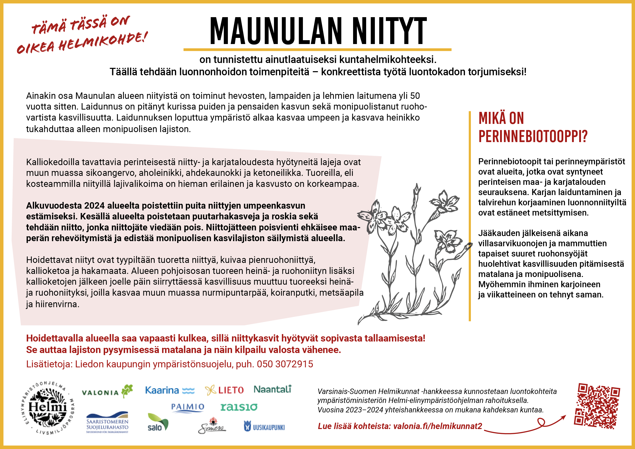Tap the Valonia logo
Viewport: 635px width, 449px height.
point(107,391)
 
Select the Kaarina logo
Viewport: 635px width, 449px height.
point(170,390)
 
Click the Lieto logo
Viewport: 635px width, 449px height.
point(224,390)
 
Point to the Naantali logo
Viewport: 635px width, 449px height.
point(272,389)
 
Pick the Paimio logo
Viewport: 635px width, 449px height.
point(187,407)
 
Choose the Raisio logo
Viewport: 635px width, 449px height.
point(239,407)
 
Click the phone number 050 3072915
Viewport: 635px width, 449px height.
point(285,364)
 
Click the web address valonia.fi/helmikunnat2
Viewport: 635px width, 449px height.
point(438,426)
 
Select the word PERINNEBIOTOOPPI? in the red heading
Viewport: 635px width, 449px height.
point(533,136)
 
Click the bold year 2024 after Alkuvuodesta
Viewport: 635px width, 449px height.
point(94,206)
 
